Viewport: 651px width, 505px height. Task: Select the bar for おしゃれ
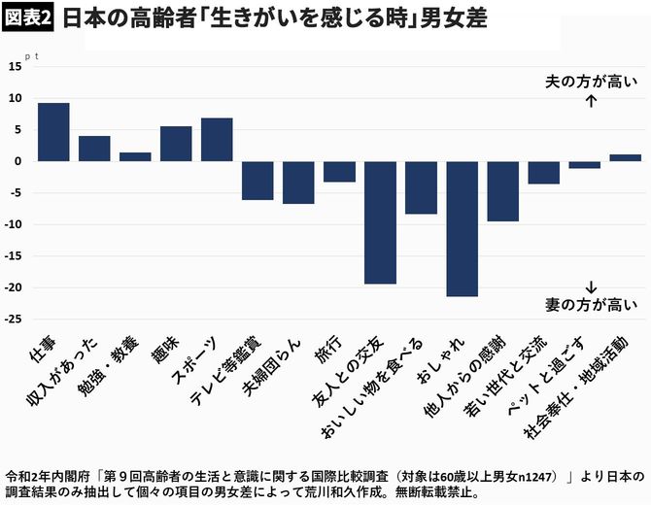462,228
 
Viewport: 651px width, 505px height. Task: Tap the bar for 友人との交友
380,222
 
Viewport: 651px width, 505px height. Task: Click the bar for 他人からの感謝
502,191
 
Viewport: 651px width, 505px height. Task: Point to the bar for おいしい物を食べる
421,187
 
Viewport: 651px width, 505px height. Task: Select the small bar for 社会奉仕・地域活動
625,157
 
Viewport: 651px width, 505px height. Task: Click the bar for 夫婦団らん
298,183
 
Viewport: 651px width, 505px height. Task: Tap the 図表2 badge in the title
29,19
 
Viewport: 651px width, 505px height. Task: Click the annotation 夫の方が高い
592,82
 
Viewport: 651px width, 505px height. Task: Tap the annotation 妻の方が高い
592,305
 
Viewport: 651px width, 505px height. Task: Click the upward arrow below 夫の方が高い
592,99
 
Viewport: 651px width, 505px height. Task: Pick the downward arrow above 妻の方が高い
592,287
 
